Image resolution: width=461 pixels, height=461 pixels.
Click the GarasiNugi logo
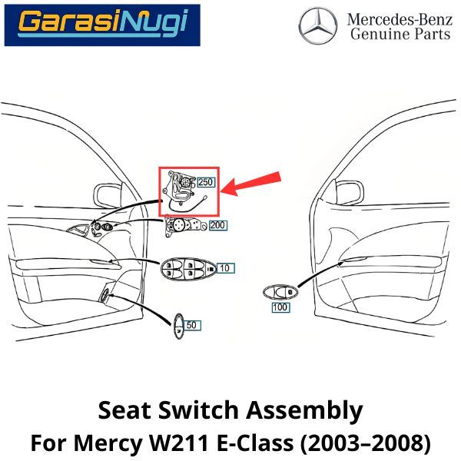tap(101, 25)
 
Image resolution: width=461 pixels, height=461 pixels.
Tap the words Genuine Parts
tap(400, 35)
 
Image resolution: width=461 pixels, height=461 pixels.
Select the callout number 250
tap(206, 182)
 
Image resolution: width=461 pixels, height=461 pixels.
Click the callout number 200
tap(218, 226)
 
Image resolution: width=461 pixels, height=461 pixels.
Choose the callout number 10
tap(224, 268)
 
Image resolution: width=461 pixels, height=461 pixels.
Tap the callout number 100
tap(280, 307)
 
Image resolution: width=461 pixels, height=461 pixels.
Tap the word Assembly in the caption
tap(307, 411)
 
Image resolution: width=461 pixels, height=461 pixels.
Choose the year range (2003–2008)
tap(370, 443)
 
